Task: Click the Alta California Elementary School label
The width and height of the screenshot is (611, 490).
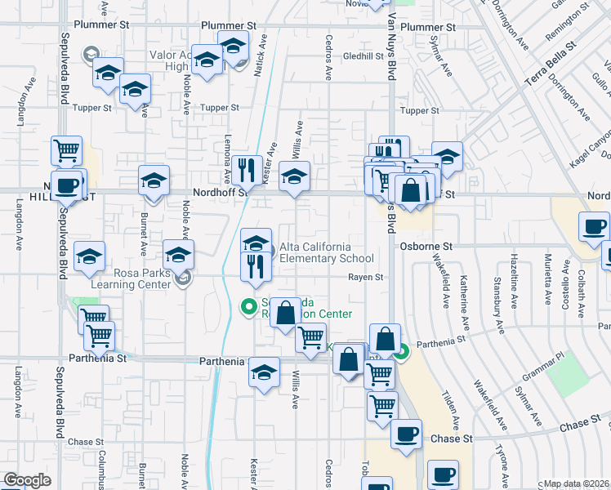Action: click(315, 253)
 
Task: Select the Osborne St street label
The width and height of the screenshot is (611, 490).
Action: click(426, 245)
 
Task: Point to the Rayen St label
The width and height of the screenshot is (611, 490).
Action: click(366, 278)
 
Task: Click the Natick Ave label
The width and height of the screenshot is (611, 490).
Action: click(261, 56)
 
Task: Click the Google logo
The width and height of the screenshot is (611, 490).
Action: click(27, 479)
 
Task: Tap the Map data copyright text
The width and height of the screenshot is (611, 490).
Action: click(577, 483)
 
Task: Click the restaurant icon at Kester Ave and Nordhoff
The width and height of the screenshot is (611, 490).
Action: click(246, 170)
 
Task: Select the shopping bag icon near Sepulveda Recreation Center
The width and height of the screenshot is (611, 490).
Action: click(285, 312)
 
